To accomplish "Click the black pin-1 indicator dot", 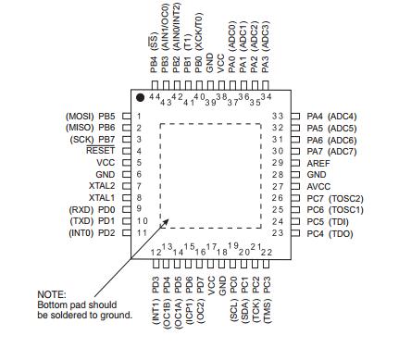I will click(x=140, y=96).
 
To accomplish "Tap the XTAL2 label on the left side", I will click(x=101, y=185).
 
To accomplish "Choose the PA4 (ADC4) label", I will click(x=331, y=116).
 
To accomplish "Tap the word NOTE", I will click(x=50, y=294).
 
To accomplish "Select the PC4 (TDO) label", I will click(x=330, y=232).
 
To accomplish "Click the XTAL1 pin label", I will click(x=101, y=197).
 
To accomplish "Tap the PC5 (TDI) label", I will click(x=330, y=221).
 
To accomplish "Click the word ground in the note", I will click(x=119, y=316).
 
